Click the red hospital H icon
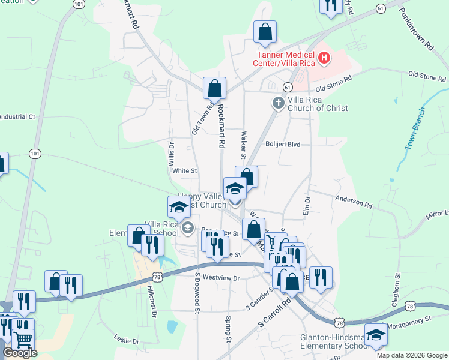click(x=325, y=58)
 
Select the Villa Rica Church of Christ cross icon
click(x=278, y=103)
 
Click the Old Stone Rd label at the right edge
click(x=427, y=76)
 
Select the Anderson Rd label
click(x=354, y=202)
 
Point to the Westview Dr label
click(x=221, y=278)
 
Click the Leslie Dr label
click(x=127, y=341)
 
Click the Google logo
click(x=20, y=353)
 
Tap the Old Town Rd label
click(x=202, y=119)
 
